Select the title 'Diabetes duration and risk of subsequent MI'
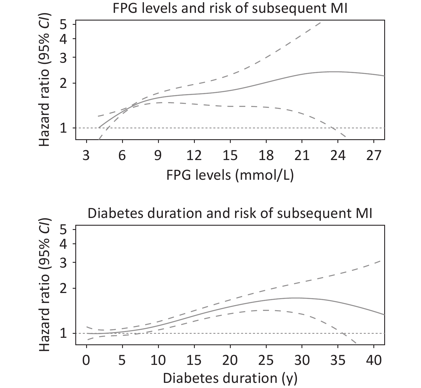pyautogui.click(x=230, y=213)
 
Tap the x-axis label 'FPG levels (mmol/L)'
pyautogui.click(x=230, y=175)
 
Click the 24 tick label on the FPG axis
pyautogui.click(x=338, y=156)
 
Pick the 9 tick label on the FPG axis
pyautogui.click(x=158, y=156)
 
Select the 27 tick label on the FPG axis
pyautogui.click(x=374, y=156)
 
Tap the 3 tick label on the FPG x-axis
pyautogui.click(x=86, y=156)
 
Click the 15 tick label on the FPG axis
pyautogui.click(x=230, y=156)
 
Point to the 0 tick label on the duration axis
pyautogui.click(x=86, y=361)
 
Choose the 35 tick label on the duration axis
pyautogui.click(x=338, y=361)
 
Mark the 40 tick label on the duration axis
pyautogui.click(x=374, y=361)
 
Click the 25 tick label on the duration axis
pyautogui.click(x=266, y=361)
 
